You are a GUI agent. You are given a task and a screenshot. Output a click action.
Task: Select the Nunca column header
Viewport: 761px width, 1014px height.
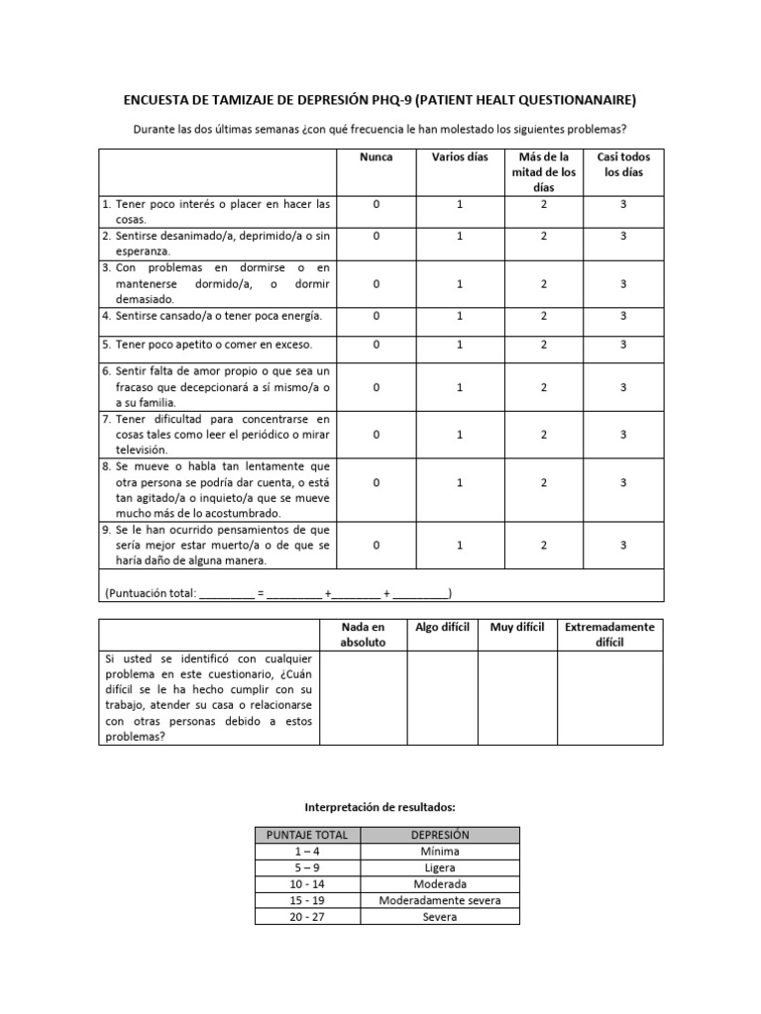coord(377,157)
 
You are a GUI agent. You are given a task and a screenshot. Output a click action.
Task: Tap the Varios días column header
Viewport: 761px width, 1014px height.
coord(460,157)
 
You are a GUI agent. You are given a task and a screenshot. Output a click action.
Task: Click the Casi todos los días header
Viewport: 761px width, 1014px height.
coord(623,164)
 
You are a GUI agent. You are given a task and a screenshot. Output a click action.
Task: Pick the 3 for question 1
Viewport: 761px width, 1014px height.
coord(623,204)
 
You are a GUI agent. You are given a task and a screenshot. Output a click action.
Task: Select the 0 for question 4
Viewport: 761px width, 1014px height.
coord(377,316)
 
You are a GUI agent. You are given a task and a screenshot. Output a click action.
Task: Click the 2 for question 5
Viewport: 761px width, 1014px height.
coord(544,345)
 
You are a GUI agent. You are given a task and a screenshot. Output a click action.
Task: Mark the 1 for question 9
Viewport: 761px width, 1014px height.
coord(460,546)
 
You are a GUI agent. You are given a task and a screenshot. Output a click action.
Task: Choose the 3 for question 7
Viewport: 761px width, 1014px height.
coord(623,435)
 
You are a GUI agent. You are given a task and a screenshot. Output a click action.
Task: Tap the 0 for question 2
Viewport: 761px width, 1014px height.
coord(377,237)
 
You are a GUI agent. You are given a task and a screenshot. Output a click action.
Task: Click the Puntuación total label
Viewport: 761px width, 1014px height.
coord(150,593)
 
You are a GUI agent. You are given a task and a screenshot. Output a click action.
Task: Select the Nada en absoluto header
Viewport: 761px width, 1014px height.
coord(363,635)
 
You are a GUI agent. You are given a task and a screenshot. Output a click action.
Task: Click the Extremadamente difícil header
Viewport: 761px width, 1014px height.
coord(609,635)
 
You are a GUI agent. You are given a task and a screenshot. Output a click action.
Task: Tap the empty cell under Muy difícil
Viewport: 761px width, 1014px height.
coord(516,697)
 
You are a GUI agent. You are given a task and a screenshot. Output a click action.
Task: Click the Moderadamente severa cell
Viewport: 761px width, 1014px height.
coord(439,901)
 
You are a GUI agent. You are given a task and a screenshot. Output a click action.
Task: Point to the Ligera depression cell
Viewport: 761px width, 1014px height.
coord(439,867)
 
